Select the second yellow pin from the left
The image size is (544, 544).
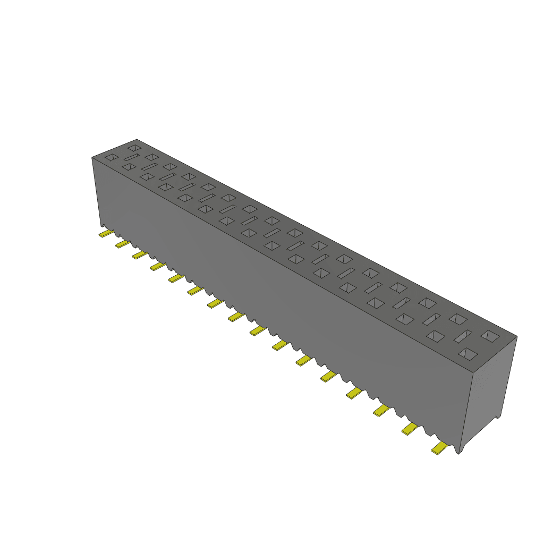(x=123, y=244)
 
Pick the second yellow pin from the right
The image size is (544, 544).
(x=410, y=429)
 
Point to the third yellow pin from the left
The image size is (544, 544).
(x=140, y=255)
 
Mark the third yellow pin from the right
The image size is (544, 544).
(x=382, y=410)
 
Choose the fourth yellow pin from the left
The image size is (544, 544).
(x=157, y=266)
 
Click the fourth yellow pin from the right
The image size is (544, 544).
(x=354, y=393)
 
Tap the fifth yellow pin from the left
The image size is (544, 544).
(x=176, y=278)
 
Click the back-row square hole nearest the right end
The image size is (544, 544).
(x=490, y=336)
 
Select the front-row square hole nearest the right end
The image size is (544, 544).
(x=467, y=354)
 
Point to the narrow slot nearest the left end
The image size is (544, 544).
(x=131, y=158)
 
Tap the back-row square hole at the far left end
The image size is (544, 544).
(x=134, y=147)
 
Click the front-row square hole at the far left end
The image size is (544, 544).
(x=111, y=157)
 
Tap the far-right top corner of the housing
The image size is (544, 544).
(x=516, y=336)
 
